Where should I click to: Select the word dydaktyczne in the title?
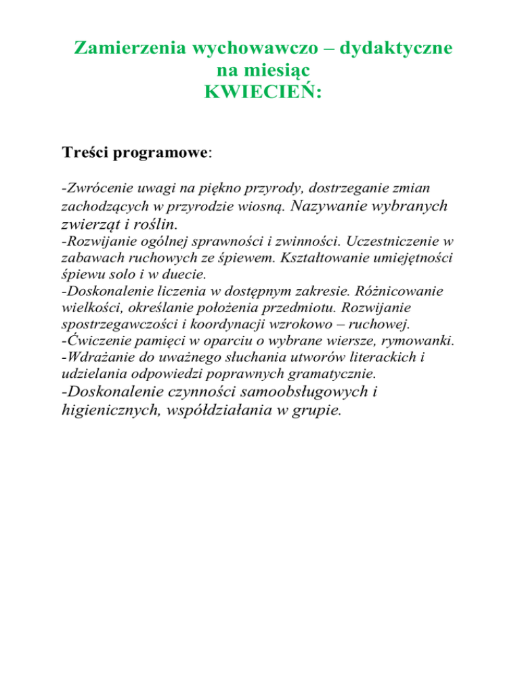[389, 49]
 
